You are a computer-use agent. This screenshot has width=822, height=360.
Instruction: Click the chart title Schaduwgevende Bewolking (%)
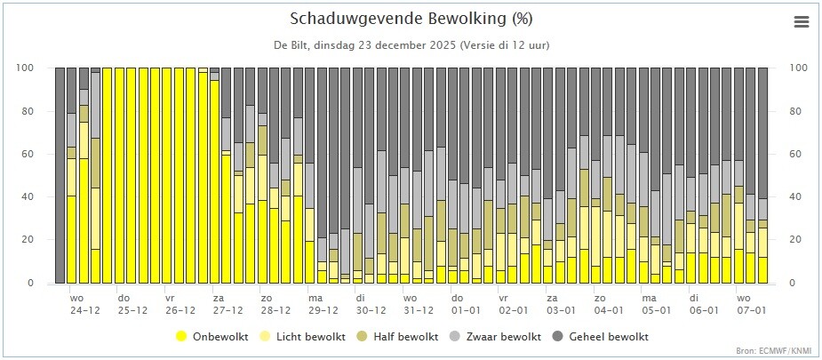click(x=411, y=19)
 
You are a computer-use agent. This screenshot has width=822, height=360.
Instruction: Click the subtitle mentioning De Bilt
click(x=411, y=45)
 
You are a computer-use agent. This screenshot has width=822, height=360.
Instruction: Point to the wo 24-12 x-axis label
click(x=84, y=304)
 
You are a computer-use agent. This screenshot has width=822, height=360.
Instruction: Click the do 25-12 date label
click(x=132, y=304)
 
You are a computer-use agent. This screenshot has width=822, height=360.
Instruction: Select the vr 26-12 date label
click(x=180, y=304)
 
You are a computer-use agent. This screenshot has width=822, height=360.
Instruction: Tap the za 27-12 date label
click(x=227, y=304)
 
